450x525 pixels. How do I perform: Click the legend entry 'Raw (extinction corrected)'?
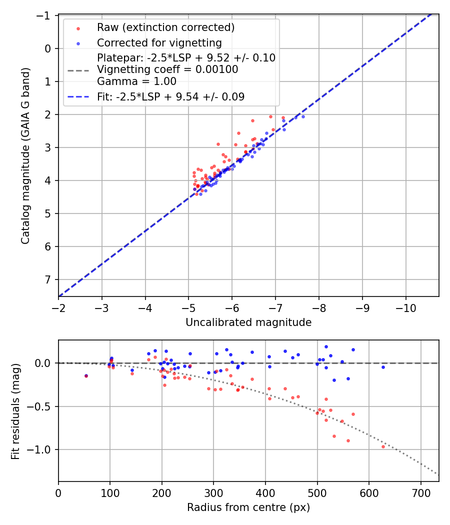pyautogui.click(x=165, y=27)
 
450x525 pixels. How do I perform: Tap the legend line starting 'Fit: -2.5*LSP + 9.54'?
pyautogui.click(x=170, y=97)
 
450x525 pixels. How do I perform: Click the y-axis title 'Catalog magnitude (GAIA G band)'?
pyautogui.click(x=25, y=155)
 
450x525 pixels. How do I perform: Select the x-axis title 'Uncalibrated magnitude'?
pyautogui.click(x=248, y=322)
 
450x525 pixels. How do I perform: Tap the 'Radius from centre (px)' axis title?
pyautogui.click(x=248, y=507)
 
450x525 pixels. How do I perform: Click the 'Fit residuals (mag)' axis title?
pyautogui.click(x=15, y=411)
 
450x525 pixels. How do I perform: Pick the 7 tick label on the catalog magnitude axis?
pyautogui.click(x=48, y=279)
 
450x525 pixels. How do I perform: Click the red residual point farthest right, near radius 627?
pyautogui.click(x=383, y=446)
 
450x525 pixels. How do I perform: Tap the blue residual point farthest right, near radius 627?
pyautogui.click(x=383, y=367)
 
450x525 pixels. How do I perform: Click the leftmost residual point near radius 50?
pyautogui.click(x=86, y=375)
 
